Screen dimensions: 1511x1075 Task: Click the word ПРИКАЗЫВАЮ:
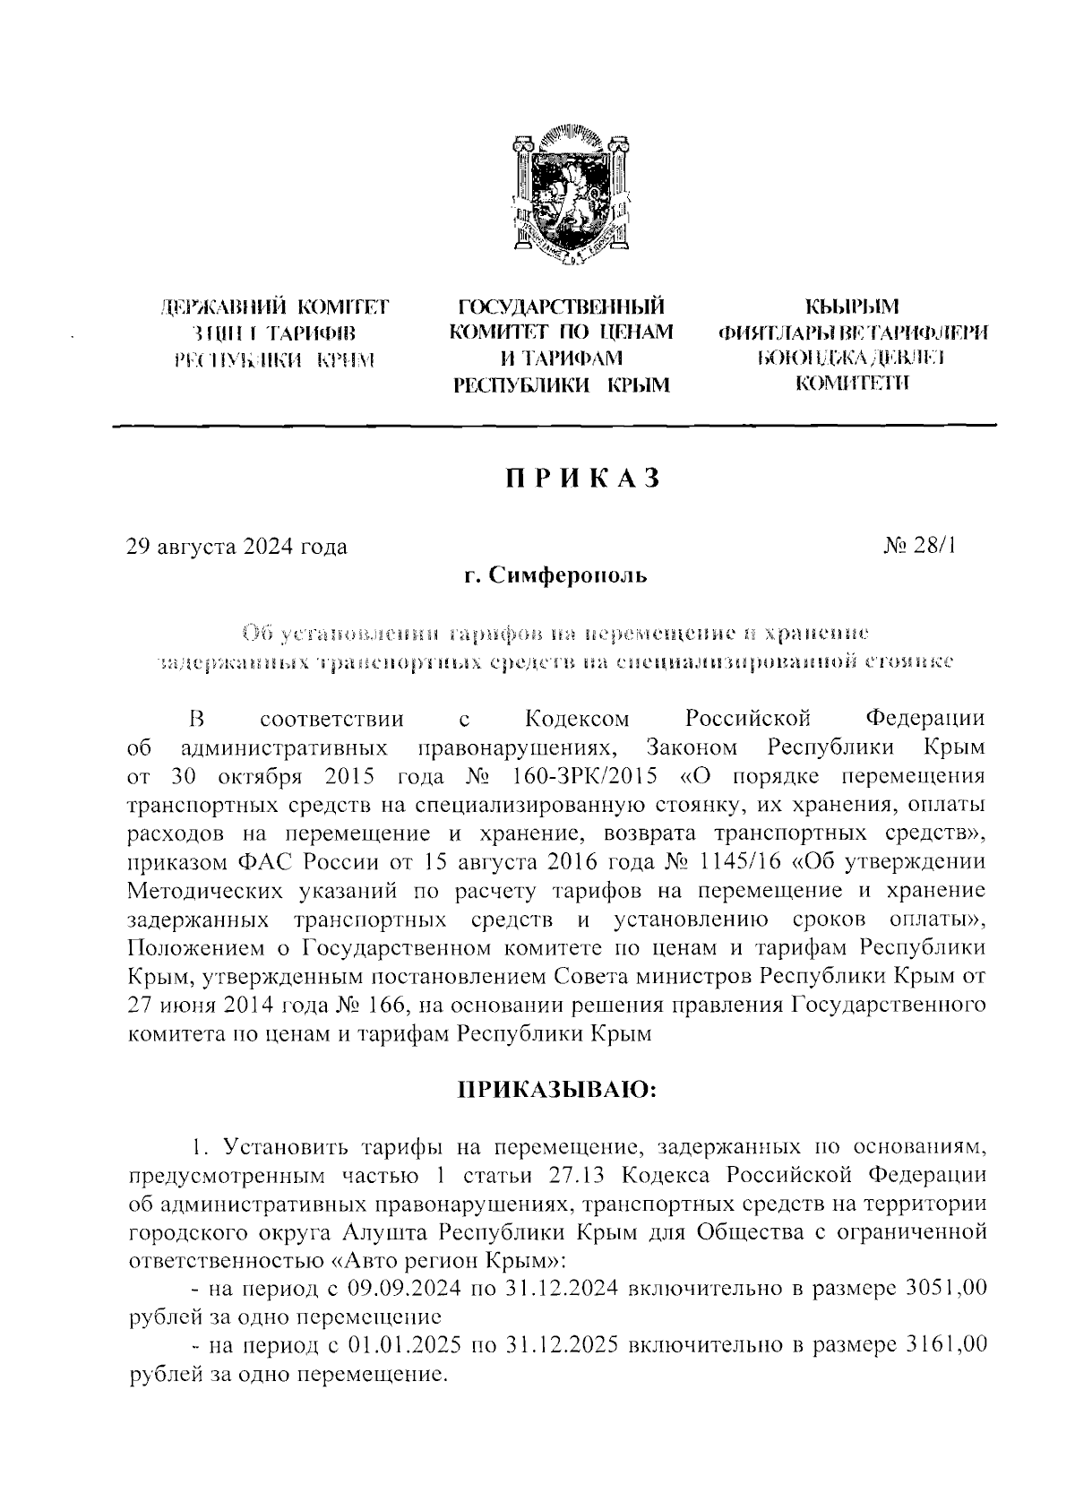pos(557,1091)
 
